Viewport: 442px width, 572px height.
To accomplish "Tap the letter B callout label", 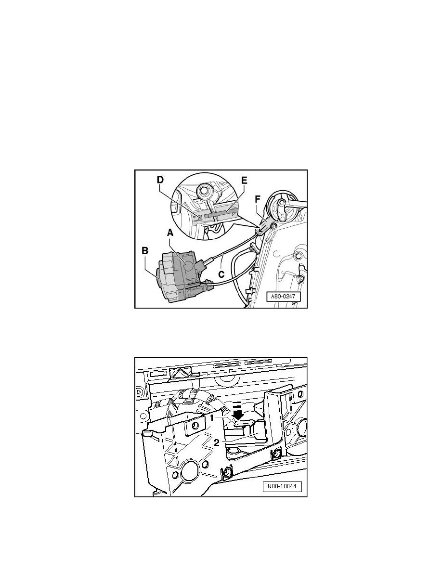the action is pyautogui.click(x=145, y=251).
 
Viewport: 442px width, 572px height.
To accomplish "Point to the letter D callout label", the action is pyautogui.click(x=160, y=180).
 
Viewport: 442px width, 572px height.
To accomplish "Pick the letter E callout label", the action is pyautogui.click(x=244, y=180).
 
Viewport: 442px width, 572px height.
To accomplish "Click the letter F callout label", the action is pyautogui.click(x=258, y=199).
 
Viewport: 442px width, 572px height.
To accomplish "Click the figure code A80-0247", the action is pyautogui.click(x=284, y=297).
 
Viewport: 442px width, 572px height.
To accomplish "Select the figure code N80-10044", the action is pyautogui.click(x=282, y=487).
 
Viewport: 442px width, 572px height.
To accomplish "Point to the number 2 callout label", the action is pyautogui.click(x=217, y=442).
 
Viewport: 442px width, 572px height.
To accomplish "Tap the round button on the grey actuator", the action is pyautogui.click(x=189, y=264).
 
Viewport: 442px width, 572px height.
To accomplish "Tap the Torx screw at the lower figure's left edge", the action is pyautogui.click(x=139, y=392).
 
